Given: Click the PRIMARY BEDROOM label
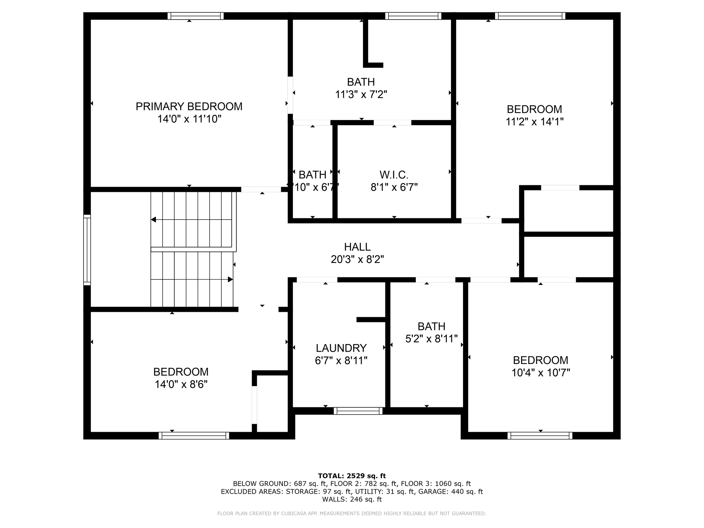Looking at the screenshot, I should click(189, 107).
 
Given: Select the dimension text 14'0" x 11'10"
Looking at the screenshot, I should click(189, 119).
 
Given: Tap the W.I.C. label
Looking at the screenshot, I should click(394, 175).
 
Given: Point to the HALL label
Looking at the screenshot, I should click(357, 247).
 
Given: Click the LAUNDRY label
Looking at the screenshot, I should click(341, 348).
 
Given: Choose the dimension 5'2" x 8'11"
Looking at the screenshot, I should click(431, 339).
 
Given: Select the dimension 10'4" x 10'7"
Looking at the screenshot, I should click(540, 373).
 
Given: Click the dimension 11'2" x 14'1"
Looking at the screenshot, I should click(534, 122).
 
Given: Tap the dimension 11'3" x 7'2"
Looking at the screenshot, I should click(361, 95).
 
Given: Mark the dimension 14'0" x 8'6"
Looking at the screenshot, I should click(181, 384).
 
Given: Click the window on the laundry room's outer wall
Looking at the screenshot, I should click(358, 411).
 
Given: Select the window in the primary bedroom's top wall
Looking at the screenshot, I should click(196, 16).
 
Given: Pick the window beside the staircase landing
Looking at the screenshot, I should click(87, 250).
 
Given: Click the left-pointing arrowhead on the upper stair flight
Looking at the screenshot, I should click(153, 219).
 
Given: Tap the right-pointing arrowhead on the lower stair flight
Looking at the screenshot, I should click(230, 279).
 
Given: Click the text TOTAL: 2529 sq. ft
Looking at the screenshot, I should click(352, 476).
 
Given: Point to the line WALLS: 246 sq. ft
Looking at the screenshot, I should click(352, 499).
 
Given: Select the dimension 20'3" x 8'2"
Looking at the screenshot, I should click(357, 260).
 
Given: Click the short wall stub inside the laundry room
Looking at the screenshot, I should click(371, 320).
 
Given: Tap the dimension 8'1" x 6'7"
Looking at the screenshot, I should click(394, 187).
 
